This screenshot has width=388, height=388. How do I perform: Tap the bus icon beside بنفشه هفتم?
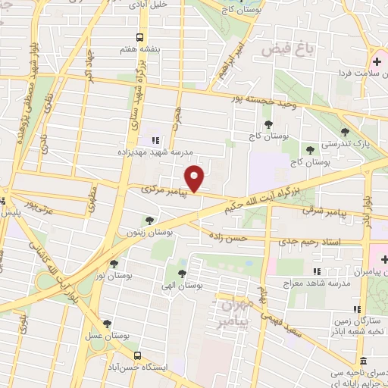click(139, 37)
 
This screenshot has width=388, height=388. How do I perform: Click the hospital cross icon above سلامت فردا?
click(377, 61)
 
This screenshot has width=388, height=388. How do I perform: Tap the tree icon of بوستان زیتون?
click(149, 221)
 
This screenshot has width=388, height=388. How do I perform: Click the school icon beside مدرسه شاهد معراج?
click(317, 271)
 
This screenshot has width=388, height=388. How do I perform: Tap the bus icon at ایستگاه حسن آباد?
click(137, 355)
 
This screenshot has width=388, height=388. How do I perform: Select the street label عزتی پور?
click(40, 203)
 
